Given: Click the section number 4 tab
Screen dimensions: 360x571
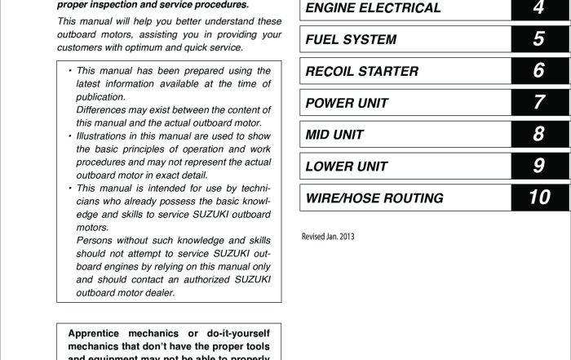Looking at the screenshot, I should pyautogui.click(x=538, y=8).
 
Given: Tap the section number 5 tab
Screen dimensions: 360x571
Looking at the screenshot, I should pyautogui.click(x=538, y=39).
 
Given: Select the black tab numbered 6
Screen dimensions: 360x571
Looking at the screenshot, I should pyautogui.click(x=538, y=71).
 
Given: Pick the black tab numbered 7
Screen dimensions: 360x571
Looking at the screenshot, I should pyautogui.click(x=538, y=103).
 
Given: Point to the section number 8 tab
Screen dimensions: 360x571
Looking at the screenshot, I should pyautogui.click(x=538, y=135).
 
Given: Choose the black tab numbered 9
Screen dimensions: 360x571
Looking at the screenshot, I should pyautogui.click(x=538, y=167).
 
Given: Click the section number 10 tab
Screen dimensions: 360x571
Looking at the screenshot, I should pyautogui.click(x=538, y=198).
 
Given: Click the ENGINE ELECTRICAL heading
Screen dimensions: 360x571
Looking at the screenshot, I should pyautogui.click(x=372, y=9).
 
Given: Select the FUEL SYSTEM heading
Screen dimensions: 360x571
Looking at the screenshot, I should pyautogui.click(x=351, y=40).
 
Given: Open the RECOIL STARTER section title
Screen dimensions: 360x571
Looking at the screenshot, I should pyautogui.click(x=361, y=72).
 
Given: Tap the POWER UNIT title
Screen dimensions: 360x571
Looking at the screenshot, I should pyautogui.click(x=347, y=104).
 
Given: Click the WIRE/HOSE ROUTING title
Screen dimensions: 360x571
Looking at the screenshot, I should pyautogui.click(x=374, y=198).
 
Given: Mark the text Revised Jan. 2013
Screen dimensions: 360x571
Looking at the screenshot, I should pyautogui.click(x=329, y=238).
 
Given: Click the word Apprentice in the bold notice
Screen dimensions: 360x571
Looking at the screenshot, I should pyautogui.click(x=100, y=333).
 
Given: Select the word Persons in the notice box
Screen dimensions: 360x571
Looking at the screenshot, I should pyautogui.click(x=95, y=241).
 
